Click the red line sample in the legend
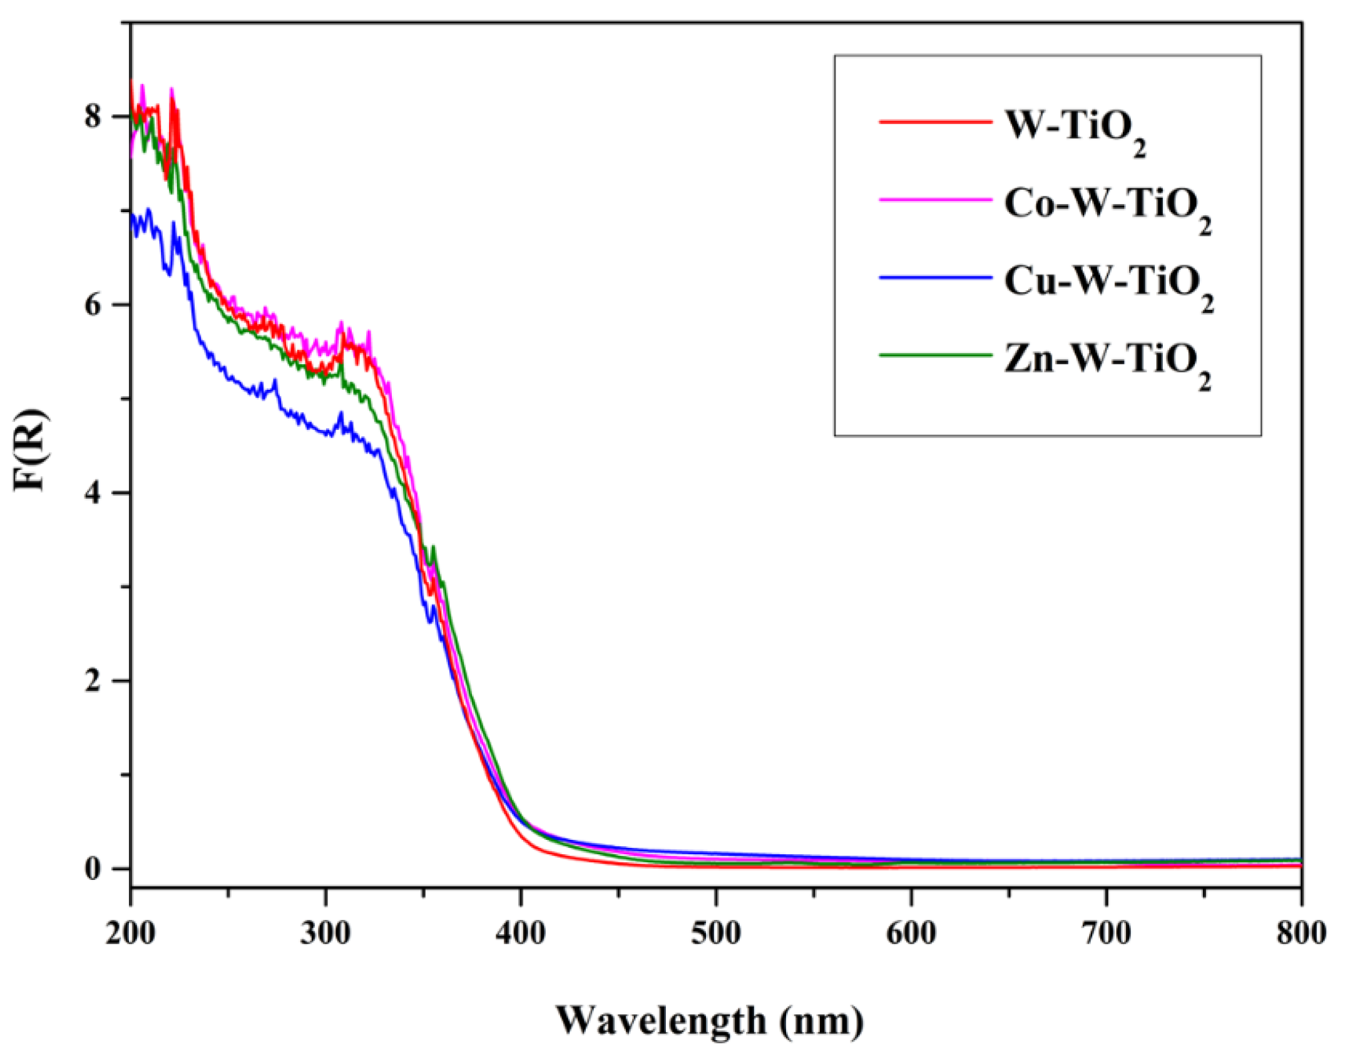pyautogui.click(x=935, y=121)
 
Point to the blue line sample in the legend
pyautogui.click(x=935, y=277)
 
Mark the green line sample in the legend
pyautogui.click(x=935, y=355)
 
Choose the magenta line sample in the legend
pyautogui.click(x=935, y=200)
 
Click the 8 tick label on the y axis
pyautogui.click(x=93, y=116)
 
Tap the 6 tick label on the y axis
pyautogui.click(x=93, y=305)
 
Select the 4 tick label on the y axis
pyautogui.click(x=93, y=493)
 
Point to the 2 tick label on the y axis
pyautogui.click(x=93, y=681)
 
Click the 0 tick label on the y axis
pyautogui.click(x=93, y=869)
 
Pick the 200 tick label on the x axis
pyautogui.click(x=130, y=933)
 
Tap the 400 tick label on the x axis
pyautogui.click(x=520, y=933)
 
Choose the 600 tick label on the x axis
pyautogui.click(x=911, y=933)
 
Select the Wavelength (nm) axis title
pyautogui.click(x=710, y=1021)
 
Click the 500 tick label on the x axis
pyautogui.click(x=715, y=933)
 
